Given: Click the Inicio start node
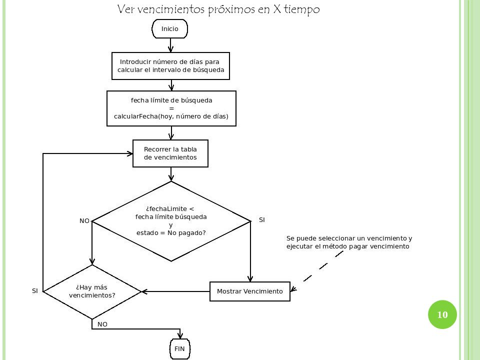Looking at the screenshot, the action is tap(169, 29).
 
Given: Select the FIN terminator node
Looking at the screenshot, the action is tap(179, 348).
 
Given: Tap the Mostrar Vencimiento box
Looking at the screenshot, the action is tap(250, 291).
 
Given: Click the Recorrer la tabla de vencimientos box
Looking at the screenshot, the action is tap(170, 153).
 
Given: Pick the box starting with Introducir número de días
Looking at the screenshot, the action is tap(170, 66).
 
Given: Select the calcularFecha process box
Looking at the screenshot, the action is tap(171, 108).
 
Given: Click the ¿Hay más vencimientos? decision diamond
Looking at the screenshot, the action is tap(92, 291).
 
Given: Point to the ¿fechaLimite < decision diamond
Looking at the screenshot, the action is tap(171, 221).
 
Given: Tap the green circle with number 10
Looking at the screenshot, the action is tap(442, 314).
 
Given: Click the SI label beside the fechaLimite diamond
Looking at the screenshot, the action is tap(261, 220).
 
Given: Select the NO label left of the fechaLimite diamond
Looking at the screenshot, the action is tap(84, 220).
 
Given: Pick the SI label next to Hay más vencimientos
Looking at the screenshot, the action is tap(35, 291).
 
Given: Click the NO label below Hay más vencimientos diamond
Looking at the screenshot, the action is tap(102, 324).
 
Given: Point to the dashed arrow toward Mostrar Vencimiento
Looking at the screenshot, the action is tap(317, 270).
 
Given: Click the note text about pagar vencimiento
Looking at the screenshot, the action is tap(349, 242).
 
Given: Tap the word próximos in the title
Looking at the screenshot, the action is tap(231, 9).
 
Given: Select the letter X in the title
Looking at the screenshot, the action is tap(276, 9).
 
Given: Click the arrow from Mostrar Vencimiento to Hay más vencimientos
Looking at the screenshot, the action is tap(175, 291).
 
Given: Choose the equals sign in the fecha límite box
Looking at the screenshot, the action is tap(171, 108).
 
